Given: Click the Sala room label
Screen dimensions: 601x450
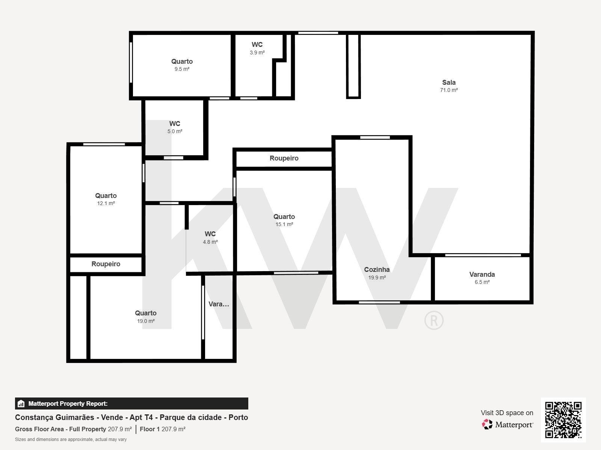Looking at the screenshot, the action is click(449, 82).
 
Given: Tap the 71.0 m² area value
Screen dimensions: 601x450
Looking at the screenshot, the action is click(449, 90).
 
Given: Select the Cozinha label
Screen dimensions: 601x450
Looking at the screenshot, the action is click(377, 269).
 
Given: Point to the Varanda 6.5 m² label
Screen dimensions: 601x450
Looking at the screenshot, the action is click(482, 278).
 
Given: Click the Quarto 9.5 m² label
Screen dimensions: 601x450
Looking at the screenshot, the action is click(182, 65).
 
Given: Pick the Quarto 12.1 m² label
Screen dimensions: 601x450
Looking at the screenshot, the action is click(106, 199).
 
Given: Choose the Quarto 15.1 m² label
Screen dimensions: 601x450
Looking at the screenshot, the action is click(284, 220).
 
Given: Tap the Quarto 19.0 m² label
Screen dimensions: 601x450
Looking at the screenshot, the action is click(146, 316).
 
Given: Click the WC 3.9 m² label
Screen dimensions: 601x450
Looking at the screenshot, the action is click(257, 48).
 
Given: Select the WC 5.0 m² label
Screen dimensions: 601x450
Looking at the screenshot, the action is click(175, 127).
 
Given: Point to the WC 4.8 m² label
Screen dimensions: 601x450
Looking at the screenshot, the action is click(210, 238).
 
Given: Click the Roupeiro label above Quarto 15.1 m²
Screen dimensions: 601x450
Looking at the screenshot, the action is click(284, 158).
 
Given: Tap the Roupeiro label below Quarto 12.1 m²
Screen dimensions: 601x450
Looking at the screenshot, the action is click(106, 264).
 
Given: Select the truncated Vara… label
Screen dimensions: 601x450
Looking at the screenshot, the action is click(219, 304).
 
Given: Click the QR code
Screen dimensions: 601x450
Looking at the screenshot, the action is click(563, 420).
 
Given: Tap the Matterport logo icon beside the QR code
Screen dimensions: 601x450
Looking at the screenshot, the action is click(487, 424).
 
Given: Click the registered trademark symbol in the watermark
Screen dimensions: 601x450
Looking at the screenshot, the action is click(434, 320).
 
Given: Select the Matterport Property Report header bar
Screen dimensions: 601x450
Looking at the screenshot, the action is click(131, 403).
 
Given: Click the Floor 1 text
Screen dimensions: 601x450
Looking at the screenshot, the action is click(149, 429).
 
